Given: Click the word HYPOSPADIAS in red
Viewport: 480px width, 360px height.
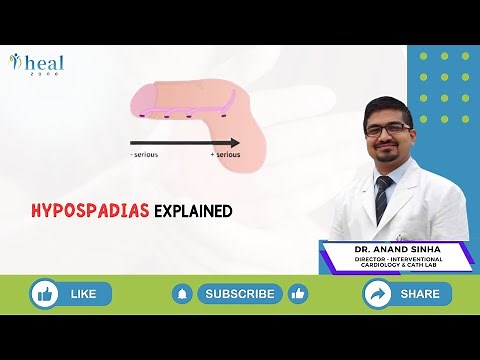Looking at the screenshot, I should pos(90,211).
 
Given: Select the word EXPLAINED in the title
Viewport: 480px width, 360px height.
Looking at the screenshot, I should pos(193,211).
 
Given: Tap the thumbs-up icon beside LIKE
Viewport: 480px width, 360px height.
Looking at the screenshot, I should pos(44,294).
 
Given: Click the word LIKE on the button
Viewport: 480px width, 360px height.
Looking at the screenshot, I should pos(84,294).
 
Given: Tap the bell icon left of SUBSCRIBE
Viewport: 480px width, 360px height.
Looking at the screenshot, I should pos(181,294).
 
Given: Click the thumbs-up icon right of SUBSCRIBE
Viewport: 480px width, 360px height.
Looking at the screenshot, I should pos(298,294).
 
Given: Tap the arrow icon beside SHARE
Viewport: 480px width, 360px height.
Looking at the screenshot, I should pos(377,294).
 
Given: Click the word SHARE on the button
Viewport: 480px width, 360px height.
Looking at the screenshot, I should pos(419,294).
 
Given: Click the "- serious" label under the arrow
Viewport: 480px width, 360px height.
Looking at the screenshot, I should pos(144,156).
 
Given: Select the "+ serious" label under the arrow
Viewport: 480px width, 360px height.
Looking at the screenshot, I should pos(225,156).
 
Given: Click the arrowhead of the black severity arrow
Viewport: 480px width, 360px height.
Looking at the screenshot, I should pos(234,143).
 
